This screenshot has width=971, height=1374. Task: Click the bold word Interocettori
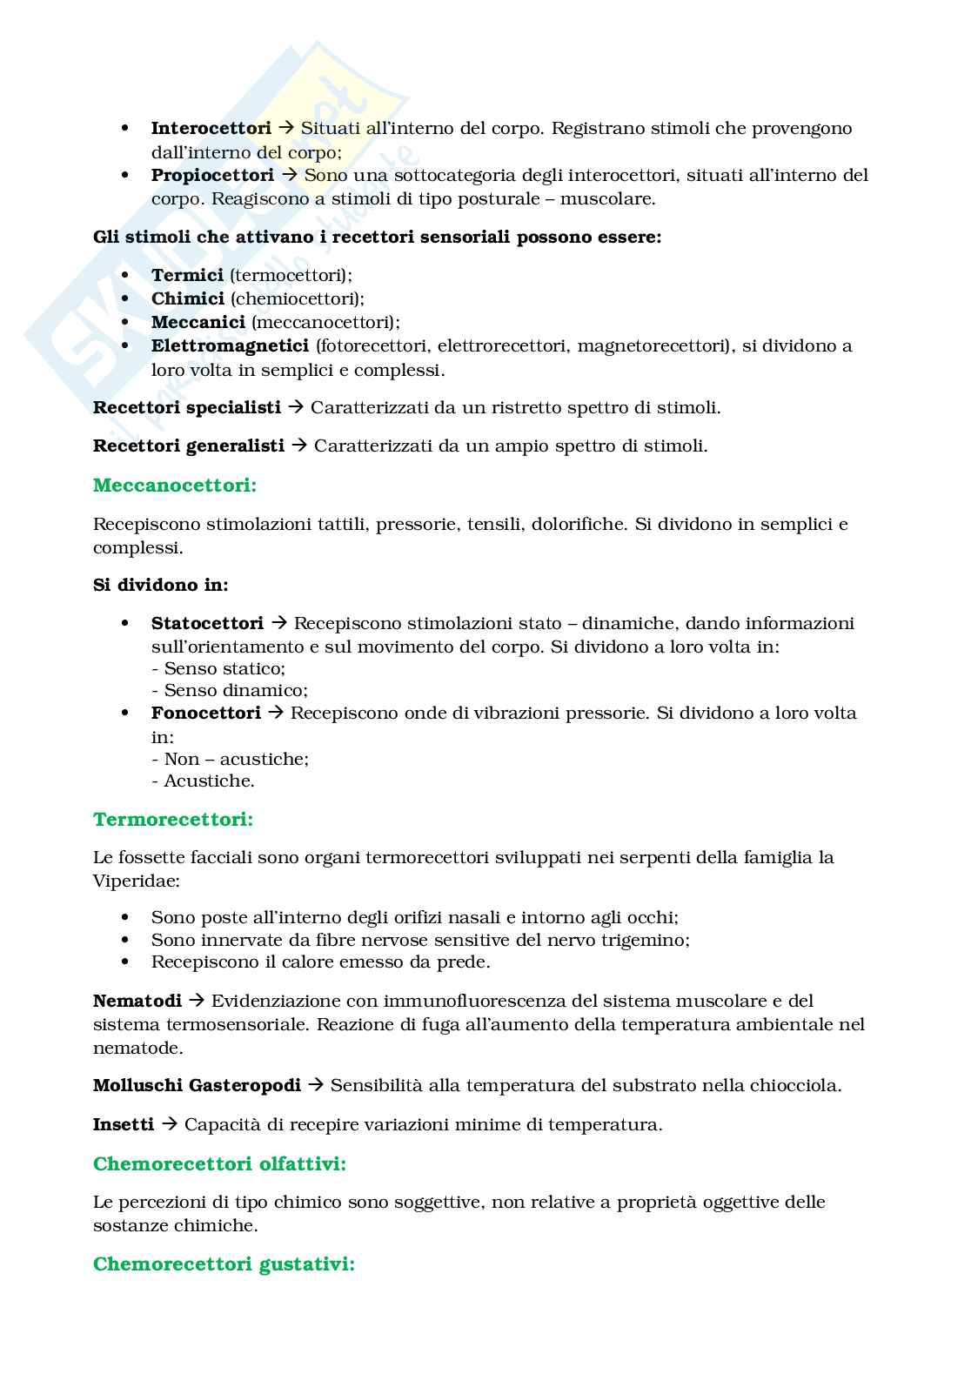(211, 128)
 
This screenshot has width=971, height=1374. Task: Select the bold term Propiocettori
(212, 175)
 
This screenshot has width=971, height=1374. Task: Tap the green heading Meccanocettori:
(175, 486)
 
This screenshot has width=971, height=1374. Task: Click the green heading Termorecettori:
(173, 819)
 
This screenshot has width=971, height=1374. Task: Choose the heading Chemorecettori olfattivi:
(219, 1163)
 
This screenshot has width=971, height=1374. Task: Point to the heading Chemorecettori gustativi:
(224, 1264)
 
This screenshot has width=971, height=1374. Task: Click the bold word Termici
(187, 275)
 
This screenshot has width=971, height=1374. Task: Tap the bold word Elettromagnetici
(230, 345)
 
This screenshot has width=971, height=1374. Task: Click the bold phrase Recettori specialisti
(186, 407)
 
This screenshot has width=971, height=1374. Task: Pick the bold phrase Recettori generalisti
(188, 446)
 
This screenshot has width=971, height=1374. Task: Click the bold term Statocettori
(207, 623)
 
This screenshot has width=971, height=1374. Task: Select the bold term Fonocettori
(205, 713)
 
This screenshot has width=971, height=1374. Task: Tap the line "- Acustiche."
(203, 781)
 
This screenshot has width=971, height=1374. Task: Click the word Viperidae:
(137, 881)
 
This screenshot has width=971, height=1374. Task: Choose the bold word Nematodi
(137, 1001)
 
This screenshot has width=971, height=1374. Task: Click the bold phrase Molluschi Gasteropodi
(197, 1085)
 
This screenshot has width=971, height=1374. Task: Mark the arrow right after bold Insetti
(169, 1124)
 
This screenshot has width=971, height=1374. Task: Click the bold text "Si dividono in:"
(160, 585)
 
